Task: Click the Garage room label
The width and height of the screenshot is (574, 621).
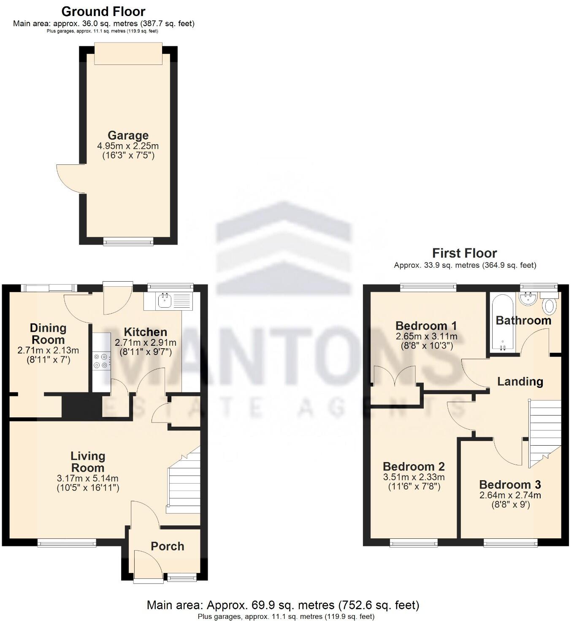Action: pos(128,135)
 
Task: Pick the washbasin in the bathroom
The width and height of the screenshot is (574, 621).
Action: pos(527,298)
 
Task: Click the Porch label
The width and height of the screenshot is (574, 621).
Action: pos(168,546)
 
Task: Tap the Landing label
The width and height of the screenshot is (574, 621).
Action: pos(520,382)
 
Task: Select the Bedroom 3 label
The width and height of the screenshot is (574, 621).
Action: pos(510,485)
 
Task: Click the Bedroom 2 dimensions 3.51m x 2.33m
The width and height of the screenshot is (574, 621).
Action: pos(414,477)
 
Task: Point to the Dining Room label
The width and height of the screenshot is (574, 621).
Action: pos(48,334)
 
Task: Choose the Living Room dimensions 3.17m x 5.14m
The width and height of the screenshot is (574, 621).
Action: pos(87,479)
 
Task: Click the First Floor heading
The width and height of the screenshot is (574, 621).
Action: pos(464,253)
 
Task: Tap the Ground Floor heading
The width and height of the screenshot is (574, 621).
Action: pos(103,11)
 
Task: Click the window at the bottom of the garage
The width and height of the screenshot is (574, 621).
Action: pos(129,241)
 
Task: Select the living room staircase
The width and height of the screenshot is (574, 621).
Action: pos(184,481)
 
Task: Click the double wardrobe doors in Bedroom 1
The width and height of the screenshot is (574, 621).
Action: pos(394,376)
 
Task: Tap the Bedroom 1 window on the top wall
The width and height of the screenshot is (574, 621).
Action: pos(428,288)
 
